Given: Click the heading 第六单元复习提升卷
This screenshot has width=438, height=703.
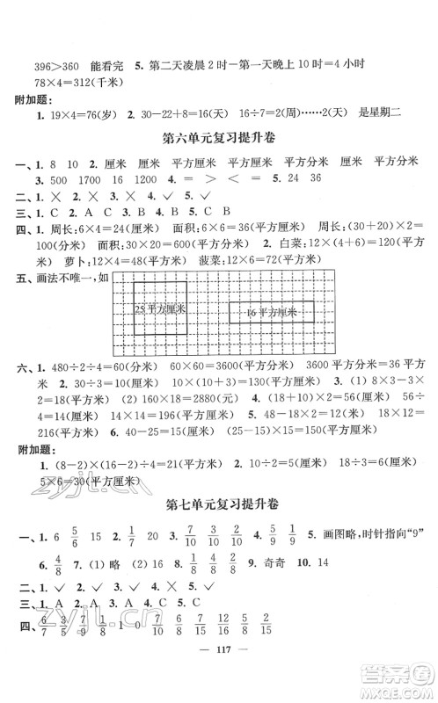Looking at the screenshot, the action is [218, 138].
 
